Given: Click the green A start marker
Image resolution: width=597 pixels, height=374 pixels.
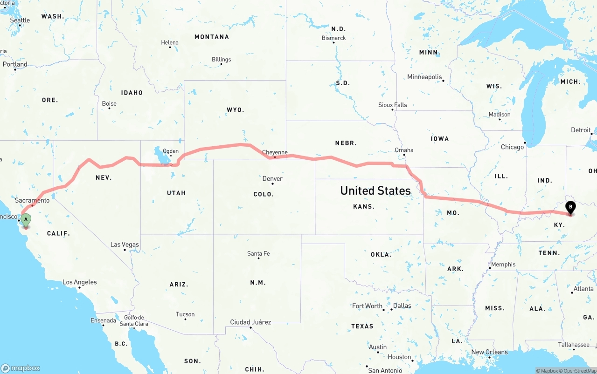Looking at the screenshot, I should (26, 219).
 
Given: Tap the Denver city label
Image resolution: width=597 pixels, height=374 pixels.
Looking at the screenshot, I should (272, 178).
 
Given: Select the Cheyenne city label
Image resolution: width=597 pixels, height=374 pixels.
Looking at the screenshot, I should (275, 152).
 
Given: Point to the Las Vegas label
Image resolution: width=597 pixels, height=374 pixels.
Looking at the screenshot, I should (125, 245).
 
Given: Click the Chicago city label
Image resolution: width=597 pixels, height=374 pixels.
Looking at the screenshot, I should (512, 147).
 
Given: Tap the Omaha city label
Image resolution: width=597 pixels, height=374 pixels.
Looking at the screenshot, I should (404, 150).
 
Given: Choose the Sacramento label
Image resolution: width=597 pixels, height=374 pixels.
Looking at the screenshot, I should (32, 200).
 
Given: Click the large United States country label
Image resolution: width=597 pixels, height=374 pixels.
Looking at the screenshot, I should (375, 190).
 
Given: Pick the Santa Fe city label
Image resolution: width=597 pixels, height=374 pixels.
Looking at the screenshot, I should (258, 253).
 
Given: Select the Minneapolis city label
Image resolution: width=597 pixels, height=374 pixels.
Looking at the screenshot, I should (424, 77).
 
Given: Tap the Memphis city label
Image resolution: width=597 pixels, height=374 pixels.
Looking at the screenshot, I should (503, 265).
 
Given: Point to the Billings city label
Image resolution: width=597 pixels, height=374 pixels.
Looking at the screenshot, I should (221, 60).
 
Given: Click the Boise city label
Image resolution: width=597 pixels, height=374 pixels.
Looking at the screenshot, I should (109, 103).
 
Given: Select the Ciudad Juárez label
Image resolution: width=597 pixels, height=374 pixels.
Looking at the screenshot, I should (250, 322).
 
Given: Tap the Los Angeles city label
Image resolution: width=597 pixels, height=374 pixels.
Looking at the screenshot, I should (80, 282).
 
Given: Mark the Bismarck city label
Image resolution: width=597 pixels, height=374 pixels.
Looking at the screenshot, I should (334, 38).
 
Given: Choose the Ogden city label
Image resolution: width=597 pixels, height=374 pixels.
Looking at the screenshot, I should (170, 150).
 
